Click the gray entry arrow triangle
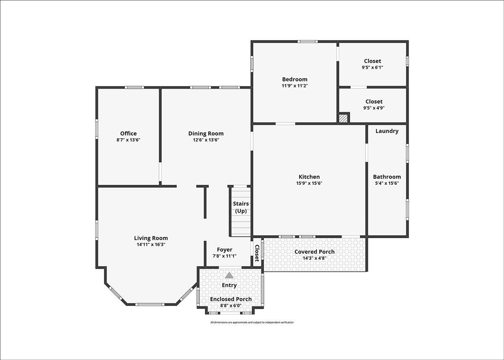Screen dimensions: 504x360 [x=229, y=275]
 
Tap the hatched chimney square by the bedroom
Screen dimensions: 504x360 [x=344, y=118]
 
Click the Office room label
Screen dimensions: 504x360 [x=128, y=134]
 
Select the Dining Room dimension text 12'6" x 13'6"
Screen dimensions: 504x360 [x=206, y=140]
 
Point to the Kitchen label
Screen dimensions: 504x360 [x=309, y=177]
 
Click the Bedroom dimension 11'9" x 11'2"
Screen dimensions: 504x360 [x=295, y=86]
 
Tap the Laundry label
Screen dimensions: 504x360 [x=387, y=131]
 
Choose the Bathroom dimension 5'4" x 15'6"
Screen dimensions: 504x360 [x=387, y=183]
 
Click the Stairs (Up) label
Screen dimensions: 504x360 [x=241, y=207]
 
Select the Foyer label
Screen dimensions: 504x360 [x=225, y=250]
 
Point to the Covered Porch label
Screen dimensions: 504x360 [x=315, y=252]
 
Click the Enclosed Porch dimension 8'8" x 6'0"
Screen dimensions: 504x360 [x=231, y=305]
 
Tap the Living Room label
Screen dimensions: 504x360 [x=151, y=238]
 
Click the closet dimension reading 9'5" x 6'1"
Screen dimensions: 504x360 [x=373, y=67]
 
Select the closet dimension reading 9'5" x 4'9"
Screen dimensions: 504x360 [x=374, y=108]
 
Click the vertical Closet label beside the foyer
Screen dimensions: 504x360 [x=257, y=253]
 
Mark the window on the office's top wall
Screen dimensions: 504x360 [x=134, y=87]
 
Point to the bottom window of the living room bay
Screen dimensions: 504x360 [x=150, y=305]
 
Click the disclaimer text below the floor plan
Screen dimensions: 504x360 [x=252, y=323]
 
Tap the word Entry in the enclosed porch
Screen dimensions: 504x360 [x=229, y=285]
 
